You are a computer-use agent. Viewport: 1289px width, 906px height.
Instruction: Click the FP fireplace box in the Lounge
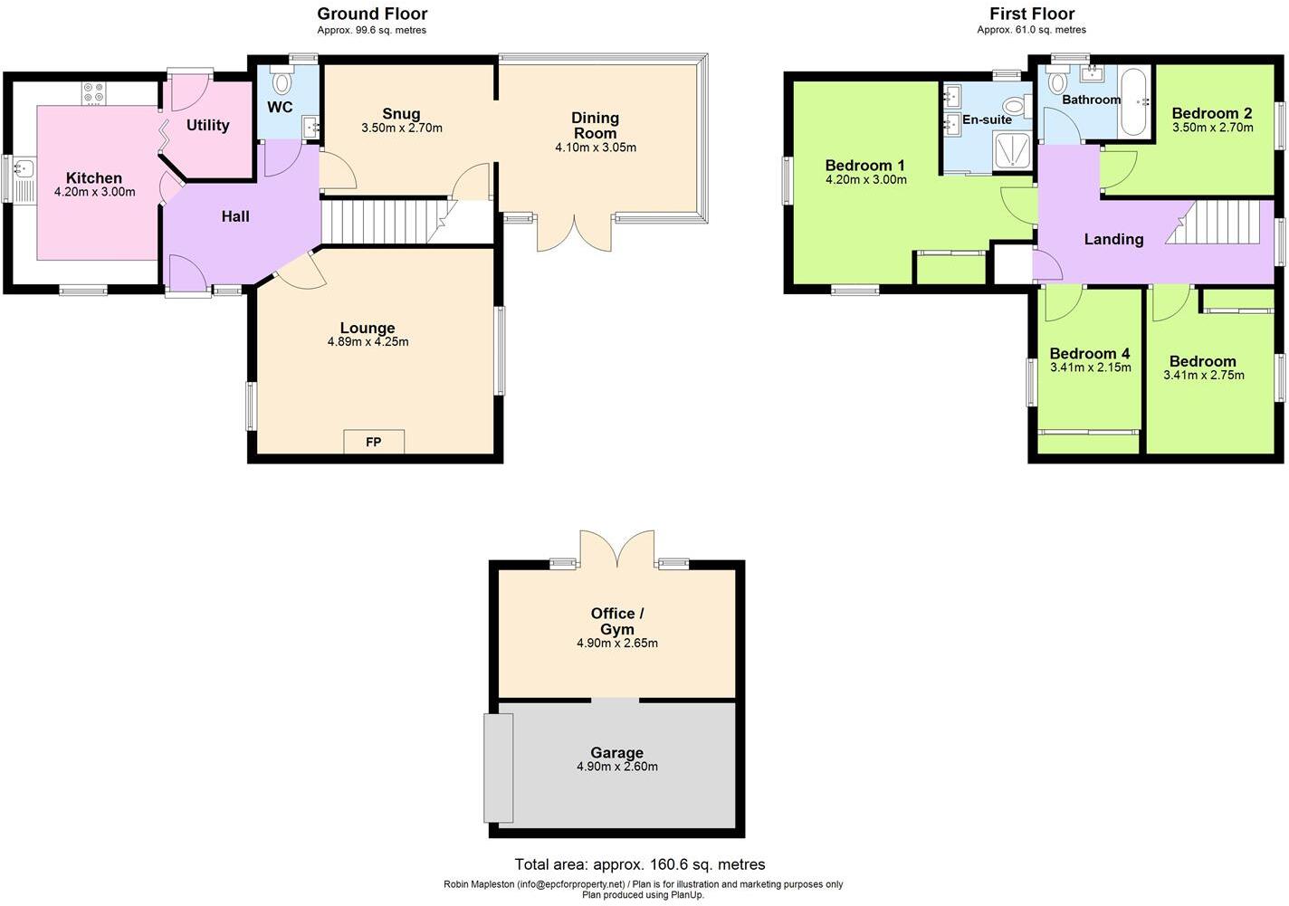tap(373, 442)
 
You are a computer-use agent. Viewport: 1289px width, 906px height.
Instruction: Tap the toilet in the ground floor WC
tap(282, 82)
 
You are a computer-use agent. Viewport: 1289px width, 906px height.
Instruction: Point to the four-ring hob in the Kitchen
tap(93, 92)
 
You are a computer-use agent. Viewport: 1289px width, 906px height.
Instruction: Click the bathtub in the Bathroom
tap(1133, 100)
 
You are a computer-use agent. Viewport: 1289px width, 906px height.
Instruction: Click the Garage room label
tap(616, 752)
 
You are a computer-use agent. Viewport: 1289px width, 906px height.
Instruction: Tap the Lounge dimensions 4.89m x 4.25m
tap(368, 342)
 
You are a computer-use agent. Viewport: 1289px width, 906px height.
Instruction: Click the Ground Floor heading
tap(372, 14)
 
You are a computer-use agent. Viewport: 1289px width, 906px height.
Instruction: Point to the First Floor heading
tap(1031, 14)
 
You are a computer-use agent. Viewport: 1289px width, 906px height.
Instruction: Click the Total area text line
tap(639, 864)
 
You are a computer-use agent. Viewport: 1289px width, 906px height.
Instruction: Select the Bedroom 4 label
tap(1089, 353)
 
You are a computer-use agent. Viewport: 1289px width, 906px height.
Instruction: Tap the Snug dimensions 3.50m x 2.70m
tap(401, 129)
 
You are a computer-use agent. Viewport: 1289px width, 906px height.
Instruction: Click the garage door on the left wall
tap(498, 768)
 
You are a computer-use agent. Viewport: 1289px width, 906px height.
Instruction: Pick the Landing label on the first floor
tap(1113, 239)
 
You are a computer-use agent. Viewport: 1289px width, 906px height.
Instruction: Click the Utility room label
tap(207, 125)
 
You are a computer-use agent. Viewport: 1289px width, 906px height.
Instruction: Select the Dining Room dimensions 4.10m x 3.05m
tap(595, 148)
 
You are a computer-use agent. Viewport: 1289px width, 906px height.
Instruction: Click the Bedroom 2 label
tap(1211, 113)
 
